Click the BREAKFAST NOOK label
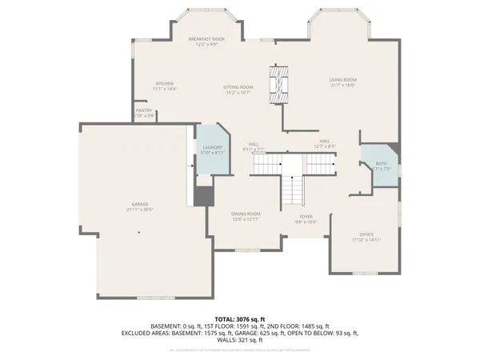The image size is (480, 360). point(206,38)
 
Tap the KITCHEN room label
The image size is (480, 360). point(165,83)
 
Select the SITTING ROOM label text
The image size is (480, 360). point(238,86)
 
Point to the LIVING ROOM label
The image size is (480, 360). point(343,80)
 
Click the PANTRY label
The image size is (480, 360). point(144,110)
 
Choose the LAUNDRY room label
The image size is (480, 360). point(212,147)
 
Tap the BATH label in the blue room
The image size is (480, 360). point(381,163)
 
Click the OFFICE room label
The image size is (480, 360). point(366,234)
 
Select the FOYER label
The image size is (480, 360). point(306,215)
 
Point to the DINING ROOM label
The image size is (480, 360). point(246,214)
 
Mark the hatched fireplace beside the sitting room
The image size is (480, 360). point(279,82)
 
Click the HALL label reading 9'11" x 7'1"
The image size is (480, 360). point(254,144)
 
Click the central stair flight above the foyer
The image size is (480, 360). point(293,190)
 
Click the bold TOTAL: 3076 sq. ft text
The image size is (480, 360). point(239,318)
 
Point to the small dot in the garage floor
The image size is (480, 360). point(139,233)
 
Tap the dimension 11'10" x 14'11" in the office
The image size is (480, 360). point(366,239)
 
